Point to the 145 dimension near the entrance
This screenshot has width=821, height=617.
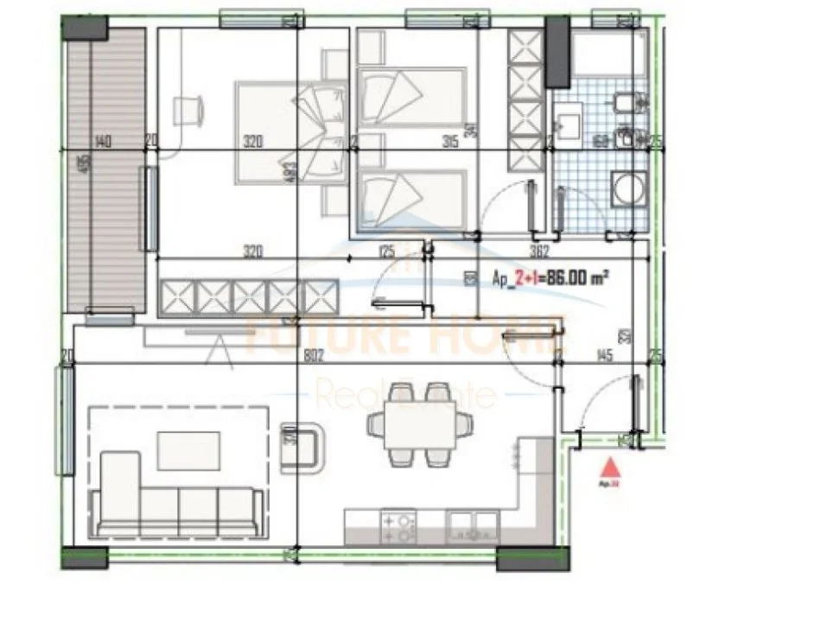point(604,354)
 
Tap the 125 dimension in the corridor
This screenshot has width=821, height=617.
point(386,253)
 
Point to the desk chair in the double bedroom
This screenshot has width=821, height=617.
point(189,110)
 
